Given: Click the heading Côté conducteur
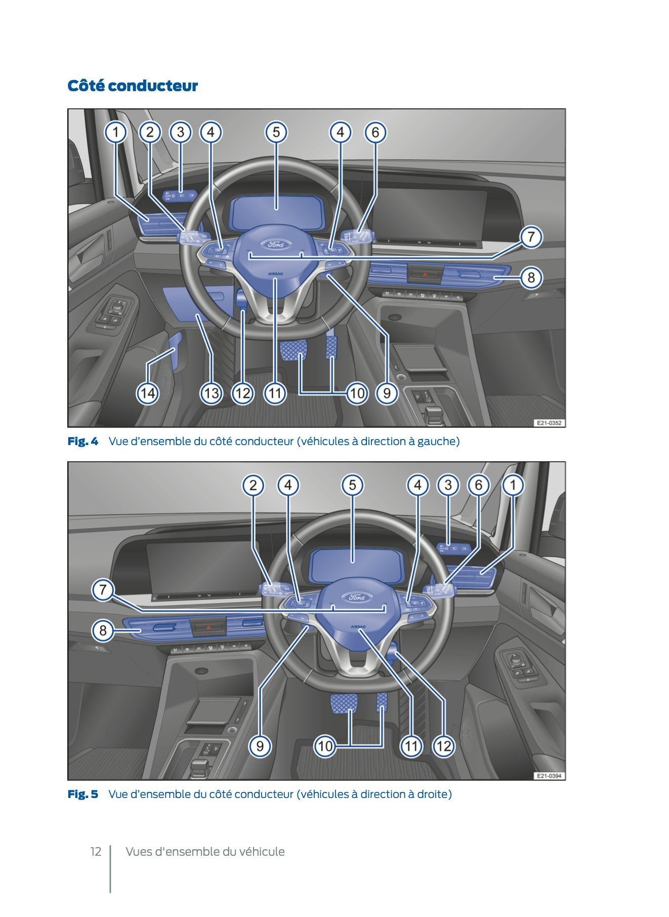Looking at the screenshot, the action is tap(133, 86).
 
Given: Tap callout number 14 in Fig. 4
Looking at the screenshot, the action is tap(148, 393).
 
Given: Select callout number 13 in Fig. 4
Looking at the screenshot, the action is tap(212, 393).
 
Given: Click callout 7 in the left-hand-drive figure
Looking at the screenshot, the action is tap(531, 236).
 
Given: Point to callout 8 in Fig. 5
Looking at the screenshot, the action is tap(103, 630).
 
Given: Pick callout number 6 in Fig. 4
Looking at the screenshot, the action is tap(375, 132).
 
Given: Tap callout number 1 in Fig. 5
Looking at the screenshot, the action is tap(513, 485).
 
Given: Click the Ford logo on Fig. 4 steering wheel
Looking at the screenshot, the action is tap(276, 244).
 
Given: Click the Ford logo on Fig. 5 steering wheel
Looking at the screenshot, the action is tap(357, 597).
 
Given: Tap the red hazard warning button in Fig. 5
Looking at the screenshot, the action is tap(209, 627).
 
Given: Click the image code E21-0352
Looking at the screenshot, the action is tap(549, 423).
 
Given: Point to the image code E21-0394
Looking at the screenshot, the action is tap(549, 776).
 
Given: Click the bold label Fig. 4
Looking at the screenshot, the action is tap(83, 441).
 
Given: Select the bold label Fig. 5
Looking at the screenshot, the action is tap(83, 794).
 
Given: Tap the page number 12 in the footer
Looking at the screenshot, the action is tap(96, 852).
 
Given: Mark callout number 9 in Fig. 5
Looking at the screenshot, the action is tap(260, 746).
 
